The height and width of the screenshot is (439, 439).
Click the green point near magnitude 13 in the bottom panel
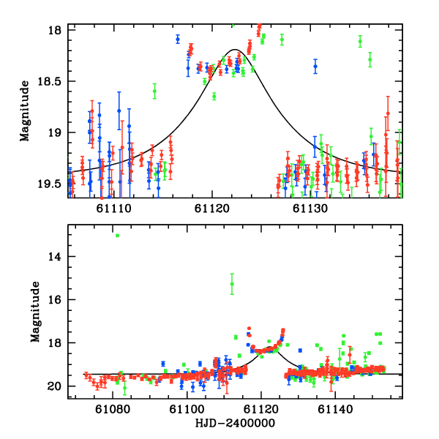[x=117, y=235]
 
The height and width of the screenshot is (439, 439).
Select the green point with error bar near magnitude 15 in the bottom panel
[x=232, y=284]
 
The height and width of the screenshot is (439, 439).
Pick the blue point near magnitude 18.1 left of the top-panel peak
[x=178, y=39]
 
